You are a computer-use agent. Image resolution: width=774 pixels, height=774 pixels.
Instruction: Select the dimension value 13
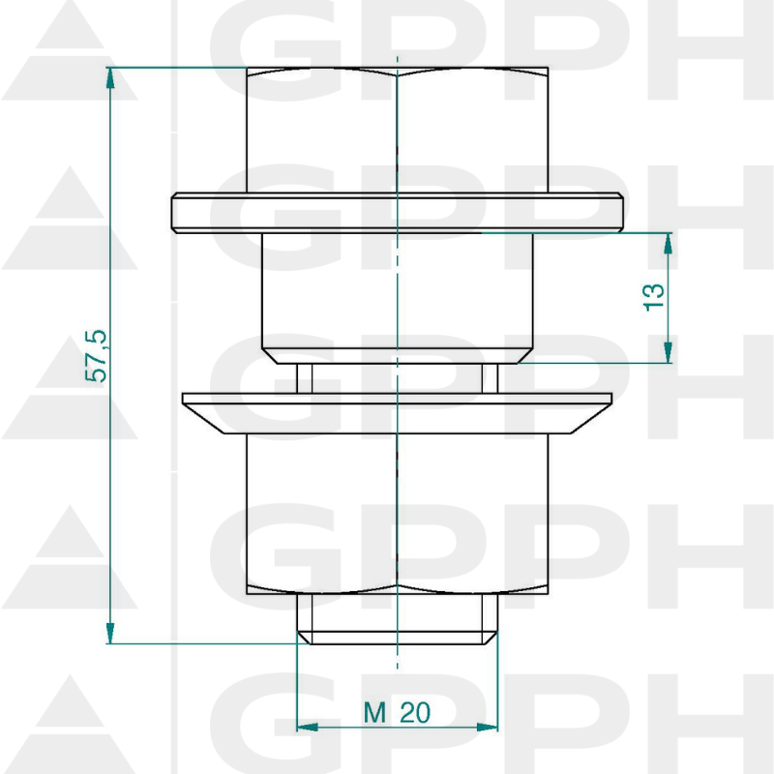click(655, 297)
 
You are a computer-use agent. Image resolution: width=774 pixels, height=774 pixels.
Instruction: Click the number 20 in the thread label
click(414, 713)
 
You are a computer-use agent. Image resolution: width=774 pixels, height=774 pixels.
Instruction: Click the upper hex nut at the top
click(397, 131)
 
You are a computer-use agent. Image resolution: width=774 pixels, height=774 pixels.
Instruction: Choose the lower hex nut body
click(397, 513)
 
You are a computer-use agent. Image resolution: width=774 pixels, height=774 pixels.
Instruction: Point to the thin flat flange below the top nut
click(397, 212)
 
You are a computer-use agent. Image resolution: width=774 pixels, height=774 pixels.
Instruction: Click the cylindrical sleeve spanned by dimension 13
click(397, 295)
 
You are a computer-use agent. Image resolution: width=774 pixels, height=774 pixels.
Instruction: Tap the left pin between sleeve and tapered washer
click(303, 377)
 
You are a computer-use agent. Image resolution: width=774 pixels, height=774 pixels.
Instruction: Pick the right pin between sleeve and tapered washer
click(491, 377)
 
